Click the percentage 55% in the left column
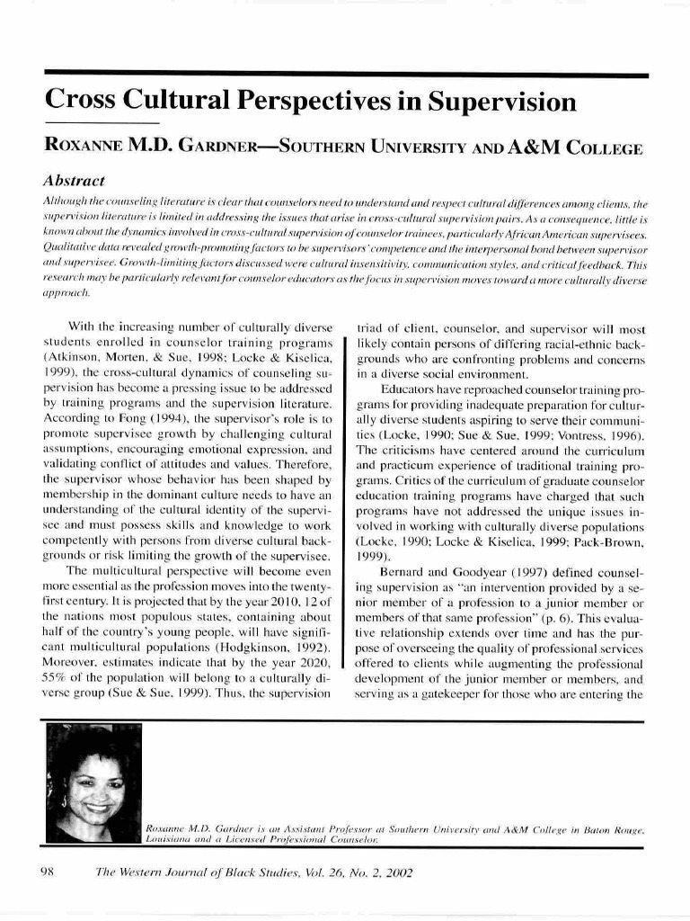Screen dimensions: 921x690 coord(59,649)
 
